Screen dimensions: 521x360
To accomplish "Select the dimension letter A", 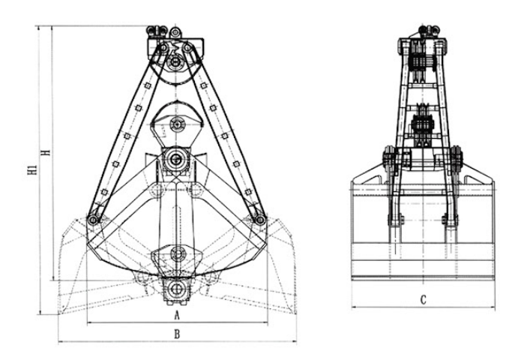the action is (177, 315).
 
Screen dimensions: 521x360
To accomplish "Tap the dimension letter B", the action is (177, 334).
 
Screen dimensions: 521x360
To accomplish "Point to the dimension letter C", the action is (423, 300).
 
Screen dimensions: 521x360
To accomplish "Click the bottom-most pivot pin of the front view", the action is (176, 289).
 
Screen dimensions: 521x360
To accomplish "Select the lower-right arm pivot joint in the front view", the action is (260, 220).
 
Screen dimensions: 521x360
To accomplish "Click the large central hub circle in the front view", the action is (175, 160).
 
